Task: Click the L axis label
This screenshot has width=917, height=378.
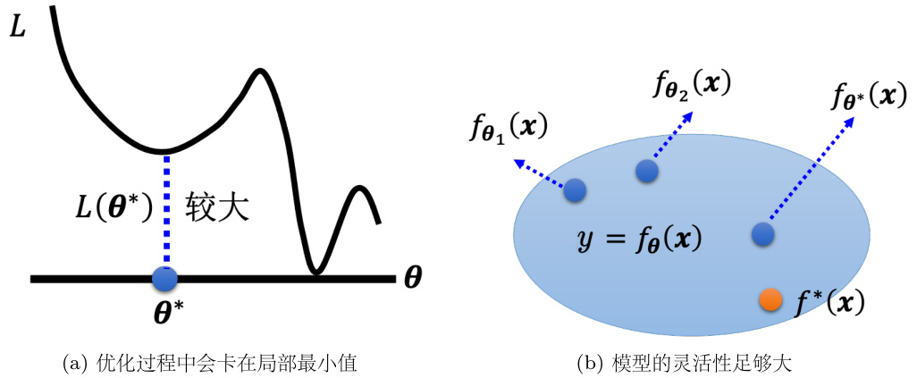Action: [18, 28]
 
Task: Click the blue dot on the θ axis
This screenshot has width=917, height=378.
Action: [165, 279]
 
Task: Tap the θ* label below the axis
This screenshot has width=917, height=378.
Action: [165, 312]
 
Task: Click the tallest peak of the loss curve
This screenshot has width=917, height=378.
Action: [261, 71]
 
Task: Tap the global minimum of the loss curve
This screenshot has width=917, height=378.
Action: [314, 271]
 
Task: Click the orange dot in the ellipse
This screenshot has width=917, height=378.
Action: [770, 300]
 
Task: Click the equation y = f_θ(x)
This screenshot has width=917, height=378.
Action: [637, 239]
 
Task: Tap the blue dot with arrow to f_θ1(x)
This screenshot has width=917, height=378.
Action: [575, 189]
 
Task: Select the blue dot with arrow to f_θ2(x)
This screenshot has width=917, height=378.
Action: [647, 170]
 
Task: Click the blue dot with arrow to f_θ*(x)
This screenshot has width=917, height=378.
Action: [762, 233]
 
